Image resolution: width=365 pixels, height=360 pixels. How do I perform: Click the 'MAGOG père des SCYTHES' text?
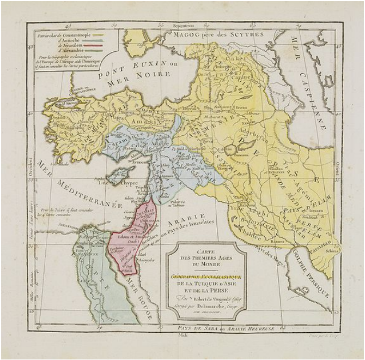coord(218,34)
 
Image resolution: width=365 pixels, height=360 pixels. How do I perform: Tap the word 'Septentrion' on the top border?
coord(184,25)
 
